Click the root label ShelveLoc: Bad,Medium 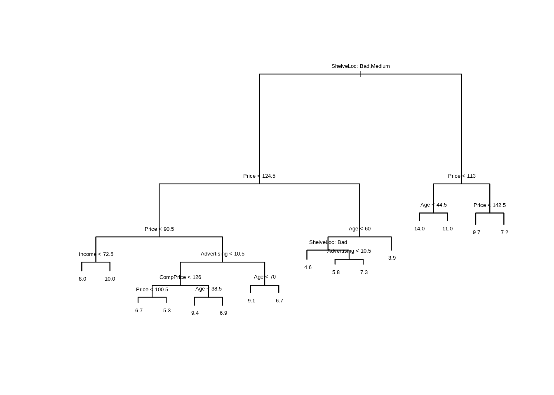[360, 66]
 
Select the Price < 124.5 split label [259, 176]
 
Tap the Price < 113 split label [462, 176]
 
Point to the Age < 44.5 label [433, 205]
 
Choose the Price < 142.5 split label [489, 205]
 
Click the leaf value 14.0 [419, 229]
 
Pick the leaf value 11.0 [447, 229]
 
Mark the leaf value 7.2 [504, 232]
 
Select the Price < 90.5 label [159, 229]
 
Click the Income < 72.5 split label [96, 254]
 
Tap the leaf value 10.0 [110, 279]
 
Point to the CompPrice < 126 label [180, 277]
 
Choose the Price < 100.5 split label [152, 290]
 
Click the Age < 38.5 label [208, 289]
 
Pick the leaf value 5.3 [167, 311]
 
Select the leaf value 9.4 [195, 313]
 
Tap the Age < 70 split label [265, 277]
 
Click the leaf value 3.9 [392, 258]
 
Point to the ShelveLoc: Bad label [328, 242]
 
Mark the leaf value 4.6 [308, 267]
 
